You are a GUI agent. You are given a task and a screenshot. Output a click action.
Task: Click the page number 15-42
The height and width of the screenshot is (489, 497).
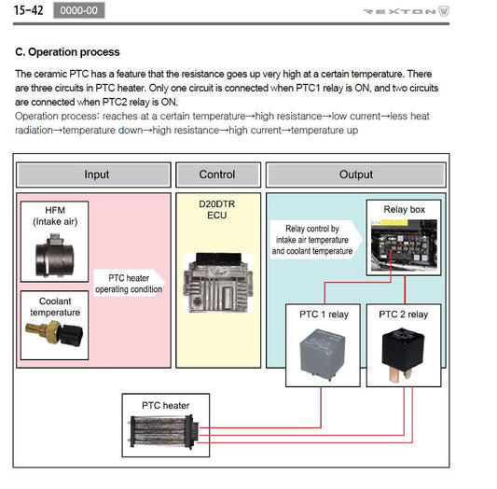(x=28, y=10)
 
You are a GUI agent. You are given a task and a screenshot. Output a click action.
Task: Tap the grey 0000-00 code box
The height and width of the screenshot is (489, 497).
(x=78, y=10)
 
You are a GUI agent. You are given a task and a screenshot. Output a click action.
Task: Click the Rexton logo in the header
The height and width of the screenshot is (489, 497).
(x=406, y=11)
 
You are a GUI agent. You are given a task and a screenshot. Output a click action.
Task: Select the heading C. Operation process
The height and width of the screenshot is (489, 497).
(x=67, y=52)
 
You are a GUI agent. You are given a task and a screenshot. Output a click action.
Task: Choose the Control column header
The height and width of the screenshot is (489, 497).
(x=218, y=175)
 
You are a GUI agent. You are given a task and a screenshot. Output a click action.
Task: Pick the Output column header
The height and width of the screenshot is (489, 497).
(x=356, y=175)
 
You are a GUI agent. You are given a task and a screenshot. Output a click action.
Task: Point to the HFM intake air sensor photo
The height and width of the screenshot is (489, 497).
(x=54, y=256)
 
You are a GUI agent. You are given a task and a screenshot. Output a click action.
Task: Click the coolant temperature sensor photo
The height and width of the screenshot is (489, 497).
(x=54, y=333)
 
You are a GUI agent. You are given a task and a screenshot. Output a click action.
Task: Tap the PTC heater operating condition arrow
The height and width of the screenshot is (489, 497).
(x=129, y=283)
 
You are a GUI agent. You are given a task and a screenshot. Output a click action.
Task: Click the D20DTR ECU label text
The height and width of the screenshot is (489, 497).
(x=217, y=210)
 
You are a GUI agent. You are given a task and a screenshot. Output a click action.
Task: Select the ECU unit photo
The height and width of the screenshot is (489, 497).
(x=218, y=283)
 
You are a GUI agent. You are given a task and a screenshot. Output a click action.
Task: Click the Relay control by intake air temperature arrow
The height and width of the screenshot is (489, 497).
(x=316, y=240)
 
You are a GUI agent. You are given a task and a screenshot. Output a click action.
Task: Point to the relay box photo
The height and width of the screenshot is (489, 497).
(x=404, y=245)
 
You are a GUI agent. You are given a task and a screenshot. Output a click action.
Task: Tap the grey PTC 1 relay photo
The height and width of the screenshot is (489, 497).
(x=323, y=355)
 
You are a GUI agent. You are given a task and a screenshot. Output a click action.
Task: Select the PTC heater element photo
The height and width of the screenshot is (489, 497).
(x=164, y=431)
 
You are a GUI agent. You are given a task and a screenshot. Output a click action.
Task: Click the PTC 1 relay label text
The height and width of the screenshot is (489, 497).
(x=324, y=314)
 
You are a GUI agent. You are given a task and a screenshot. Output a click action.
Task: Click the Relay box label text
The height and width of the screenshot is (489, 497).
(x=404, y=209)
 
